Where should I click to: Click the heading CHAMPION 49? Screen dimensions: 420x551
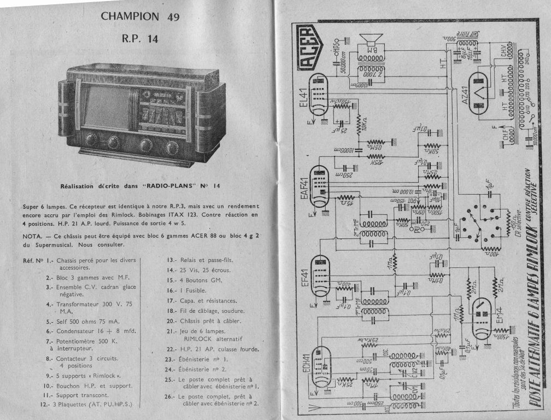140,16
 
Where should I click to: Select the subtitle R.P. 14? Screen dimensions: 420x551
140,38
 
